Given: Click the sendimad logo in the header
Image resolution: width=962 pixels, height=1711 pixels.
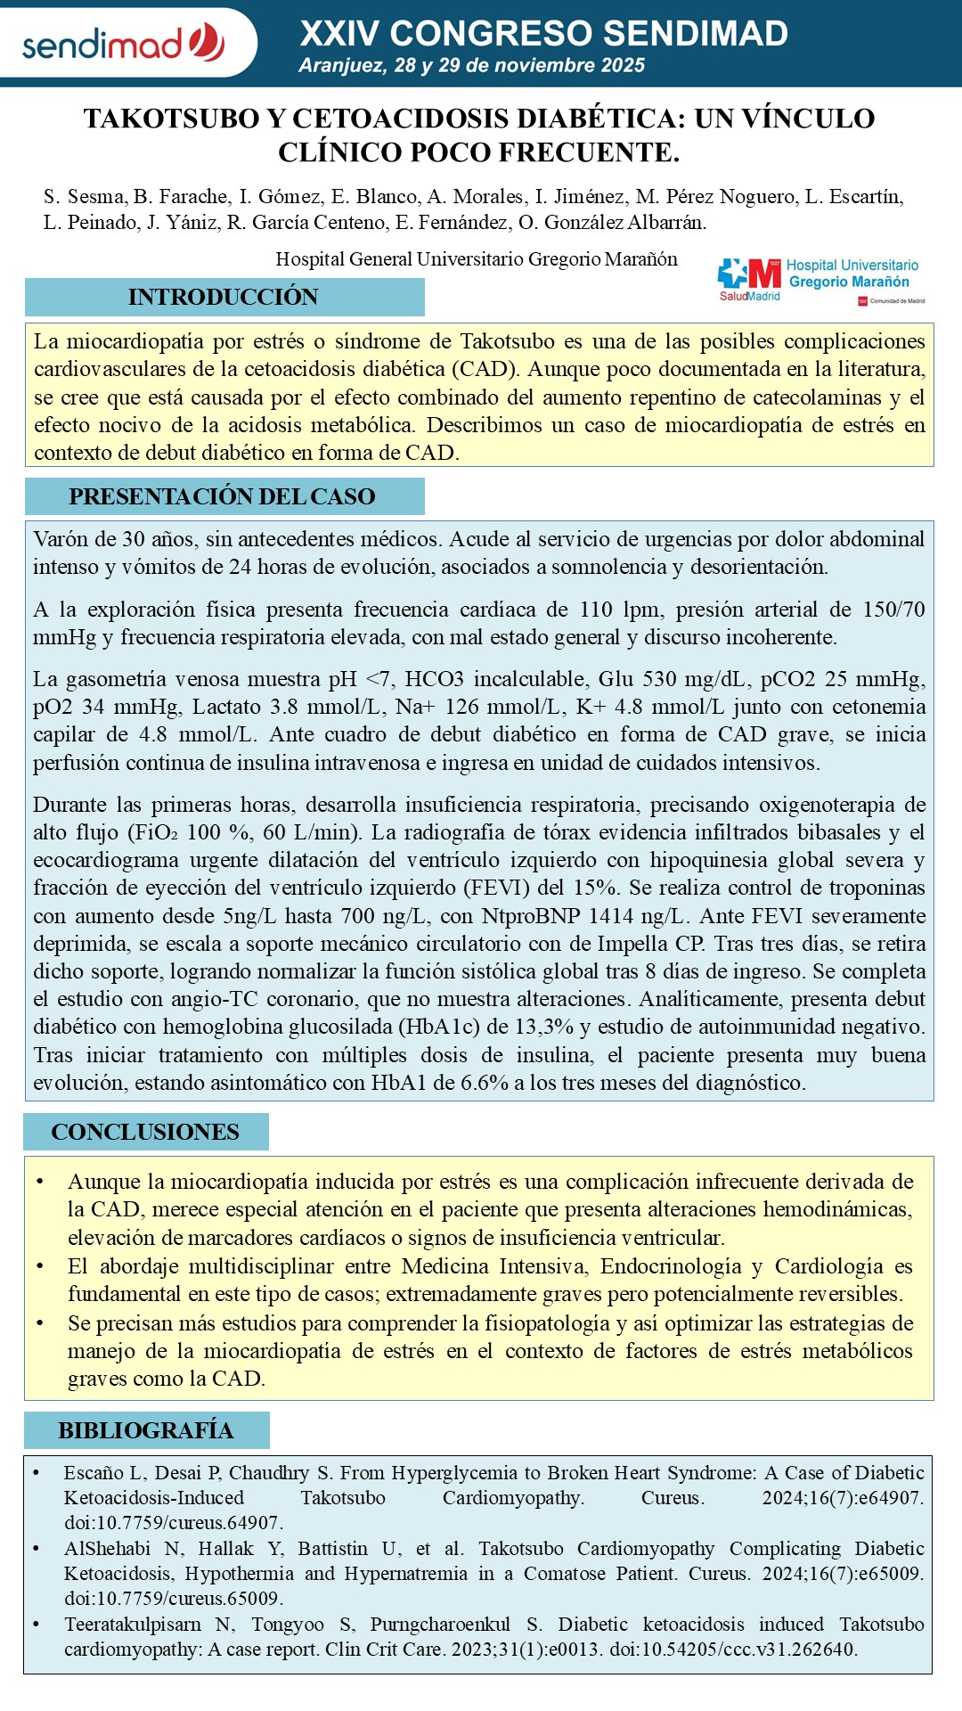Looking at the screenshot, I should click(123, 43).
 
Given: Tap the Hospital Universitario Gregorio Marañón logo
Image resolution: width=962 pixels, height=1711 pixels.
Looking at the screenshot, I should click(820, 281).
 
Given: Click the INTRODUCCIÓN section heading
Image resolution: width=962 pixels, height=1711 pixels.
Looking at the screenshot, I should click(224, 297).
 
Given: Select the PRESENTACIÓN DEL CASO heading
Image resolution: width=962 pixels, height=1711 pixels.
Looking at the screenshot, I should click(223, 496).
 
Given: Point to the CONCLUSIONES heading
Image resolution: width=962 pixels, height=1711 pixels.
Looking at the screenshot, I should click(145, 1132).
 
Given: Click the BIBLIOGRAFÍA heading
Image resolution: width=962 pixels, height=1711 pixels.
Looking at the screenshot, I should click(146, 1430).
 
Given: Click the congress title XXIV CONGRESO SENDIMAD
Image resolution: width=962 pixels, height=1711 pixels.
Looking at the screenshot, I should click(543, 34).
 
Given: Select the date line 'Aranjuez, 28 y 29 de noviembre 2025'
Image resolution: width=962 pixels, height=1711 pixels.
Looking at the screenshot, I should click(472, 65).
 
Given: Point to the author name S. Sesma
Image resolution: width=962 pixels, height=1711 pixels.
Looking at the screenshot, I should click(84, 197).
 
